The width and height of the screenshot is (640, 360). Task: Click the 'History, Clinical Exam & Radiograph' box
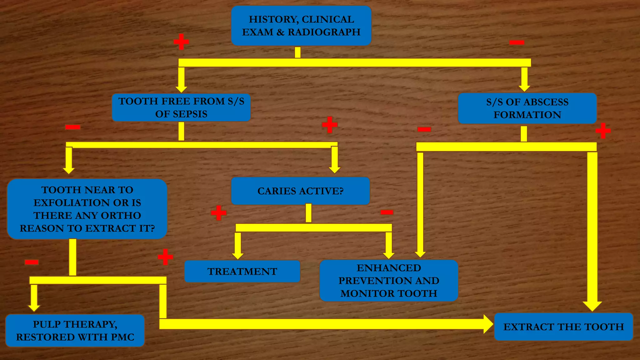(x=301, y=26)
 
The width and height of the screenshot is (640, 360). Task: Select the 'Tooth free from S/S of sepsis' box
(x=181, y=107)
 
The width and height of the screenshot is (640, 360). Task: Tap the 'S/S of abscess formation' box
(x=527, y=108)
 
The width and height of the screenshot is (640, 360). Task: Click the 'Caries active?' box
(x=300, y=191)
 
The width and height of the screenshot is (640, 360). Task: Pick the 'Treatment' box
(x=242, y=271)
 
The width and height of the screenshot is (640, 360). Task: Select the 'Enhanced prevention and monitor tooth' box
(x=389, y=281)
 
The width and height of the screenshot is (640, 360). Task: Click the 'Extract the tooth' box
(x=563, y=327)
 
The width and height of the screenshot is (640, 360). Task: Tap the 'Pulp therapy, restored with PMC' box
(x=75, y=331)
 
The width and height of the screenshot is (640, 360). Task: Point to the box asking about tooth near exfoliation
(x=87, y=209)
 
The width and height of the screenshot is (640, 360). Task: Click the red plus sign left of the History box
(x=181, y=42)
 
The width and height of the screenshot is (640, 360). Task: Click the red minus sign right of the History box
(x=517, y=42)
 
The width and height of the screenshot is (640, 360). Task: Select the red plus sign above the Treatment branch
(x=218, y=213)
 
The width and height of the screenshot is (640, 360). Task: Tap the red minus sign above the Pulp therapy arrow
(x=32, y=262)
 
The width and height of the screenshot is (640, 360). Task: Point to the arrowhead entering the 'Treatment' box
(x=238, y=255)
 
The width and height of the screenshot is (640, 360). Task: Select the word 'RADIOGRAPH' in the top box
(x=324, y=32)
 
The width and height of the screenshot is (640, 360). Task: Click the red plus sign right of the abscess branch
(x=603, y=131)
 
